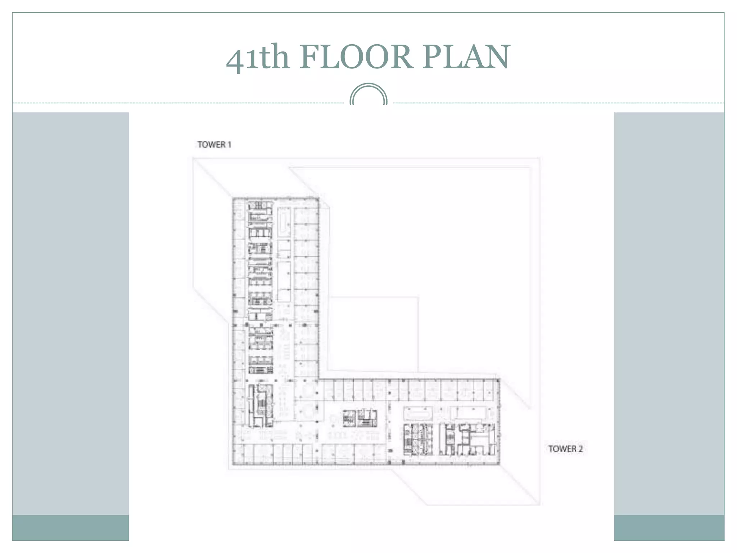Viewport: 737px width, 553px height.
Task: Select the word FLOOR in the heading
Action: click(356, 57)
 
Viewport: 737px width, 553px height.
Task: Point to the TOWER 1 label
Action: click(214, 144)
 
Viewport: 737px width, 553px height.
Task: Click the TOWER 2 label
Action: click(565, 449)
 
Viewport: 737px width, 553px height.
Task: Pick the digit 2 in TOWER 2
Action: click(580, 449)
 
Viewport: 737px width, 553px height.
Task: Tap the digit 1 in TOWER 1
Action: click(229, 144)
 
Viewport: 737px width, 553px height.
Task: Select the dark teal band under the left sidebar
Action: click(71, 527)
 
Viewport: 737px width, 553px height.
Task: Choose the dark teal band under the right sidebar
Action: click(669, 527)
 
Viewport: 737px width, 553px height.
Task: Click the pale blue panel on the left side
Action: click(71, 314)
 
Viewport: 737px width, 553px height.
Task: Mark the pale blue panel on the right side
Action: click(669, 314)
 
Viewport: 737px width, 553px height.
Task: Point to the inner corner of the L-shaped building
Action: click(319, 379)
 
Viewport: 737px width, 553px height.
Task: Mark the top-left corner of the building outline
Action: click(232, 198)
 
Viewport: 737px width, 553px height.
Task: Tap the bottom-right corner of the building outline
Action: click(499, 464)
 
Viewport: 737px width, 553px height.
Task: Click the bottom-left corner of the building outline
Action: click(232, 464)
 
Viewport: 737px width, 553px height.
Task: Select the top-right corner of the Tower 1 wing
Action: click(319, 198)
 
